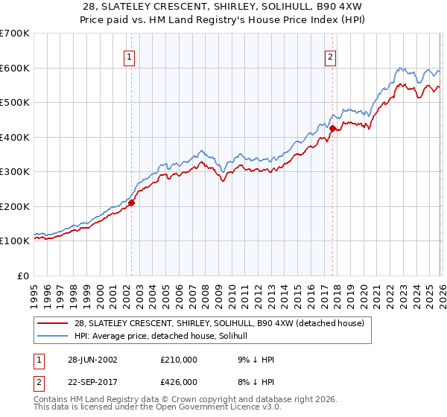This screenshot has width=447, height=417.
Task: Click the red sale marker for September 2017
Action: pos(332,128)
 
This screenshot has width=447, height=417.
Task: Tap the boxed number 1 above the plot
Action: pos(130,56)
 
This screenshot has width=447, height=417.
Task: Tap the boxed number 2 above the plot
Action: pos(330,56)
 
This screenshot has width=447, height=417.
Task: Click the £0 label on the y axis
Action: pos(22,276)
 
